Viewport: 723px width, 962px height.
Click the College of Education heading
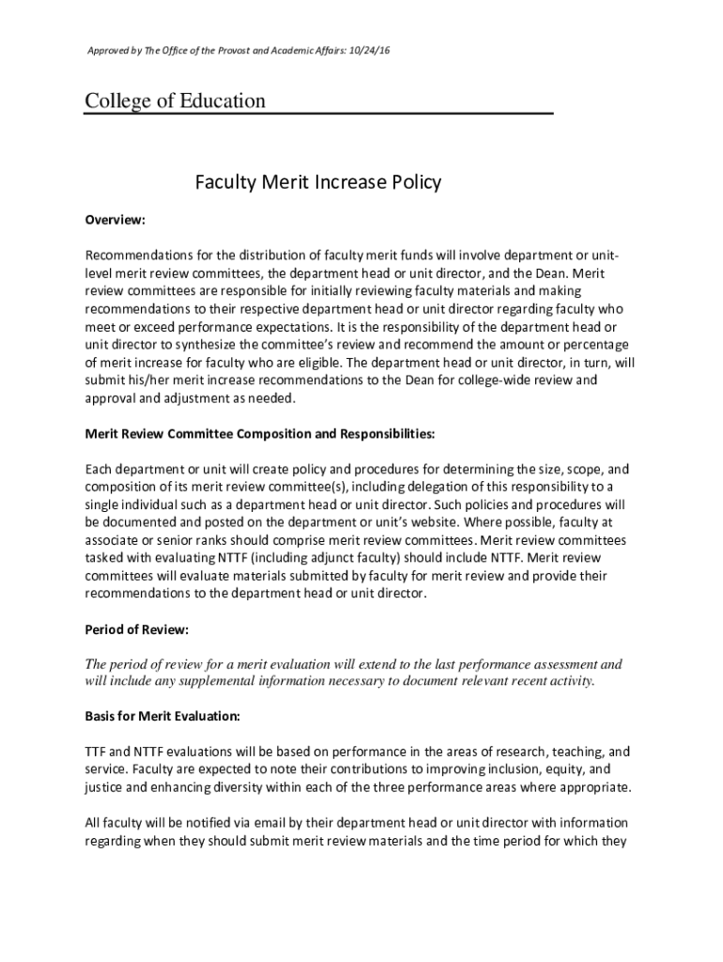tap(176, 101)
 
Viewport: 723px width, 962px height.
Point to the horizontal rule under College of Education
tap(319, 114)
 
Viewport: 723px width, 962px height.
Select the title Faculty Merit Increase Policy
tap(317, 182)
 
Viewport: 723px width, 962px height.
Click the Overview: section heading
tap(115, 220)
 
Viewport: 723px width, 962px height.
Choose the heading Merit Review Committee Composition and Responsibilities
tap(260, 434)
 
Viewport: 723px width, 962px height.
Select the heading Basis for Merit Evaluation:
tap(162, 717)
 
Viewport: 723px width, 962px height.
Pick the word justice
tap(106, 787)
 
